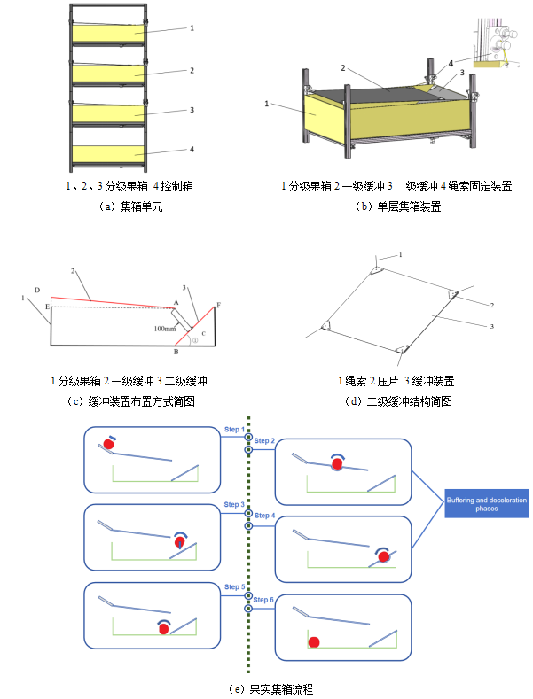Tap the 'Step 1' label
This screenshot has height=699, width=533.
[x=234, y=430]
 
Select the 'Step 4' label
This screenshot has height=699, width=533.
[x=265, y=515]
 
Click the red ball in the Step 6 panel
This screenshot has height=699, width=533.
[x=313, y=641]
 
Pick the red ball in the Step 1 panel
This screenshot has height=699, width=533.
[x=109, y=444]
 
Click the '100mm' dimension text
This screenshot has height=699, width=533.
[x=165, y=329]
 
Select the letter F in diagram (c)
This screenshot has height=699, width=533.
[x=219, y=304]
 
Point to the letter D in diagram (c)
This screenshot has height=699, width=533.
[x=36, y=290]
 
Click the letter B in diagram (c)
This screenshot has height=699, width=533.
[x=176, y=352]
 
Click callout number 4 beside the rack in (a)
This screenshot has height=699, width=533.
[x=192, y=151]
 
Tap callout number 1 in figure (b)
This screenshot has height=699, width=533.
[x=266, y=104]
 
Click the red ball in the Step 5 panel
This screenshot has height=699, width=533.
[x=163, y=626]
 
